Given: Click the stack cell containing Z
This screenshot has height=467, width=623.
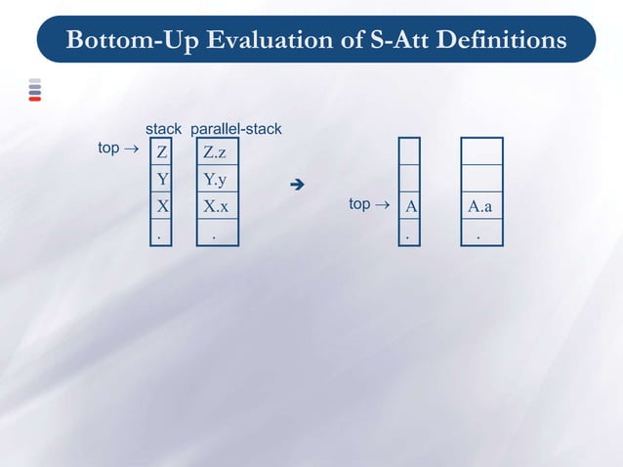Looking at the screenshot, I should [161, 152].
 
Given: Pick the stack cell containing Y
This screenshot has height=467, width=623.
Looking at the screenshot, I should [161, 180].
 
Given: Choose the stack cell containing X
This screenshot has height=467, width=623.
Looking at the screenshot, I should [161, 207].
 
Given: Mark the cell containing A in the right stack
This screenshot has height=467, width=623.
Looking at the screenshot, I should [410, 207].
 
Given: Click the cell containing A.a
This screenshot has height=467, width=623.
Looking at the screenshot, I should [480, 207].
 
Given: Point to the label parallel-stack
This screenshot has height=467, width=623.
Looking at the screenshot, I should [236, 129].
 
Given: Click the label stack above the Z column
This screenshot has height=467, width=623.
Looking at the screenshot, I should [163, 129].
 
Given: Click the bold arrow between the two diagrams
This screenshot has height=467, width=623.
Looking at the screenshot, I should [299, 184].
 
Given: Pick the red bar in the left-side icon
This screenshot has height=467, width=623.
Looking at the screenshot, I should [34, 99].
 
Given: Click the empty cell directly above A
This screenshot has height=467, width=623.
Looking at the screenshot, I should [410, 179].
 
